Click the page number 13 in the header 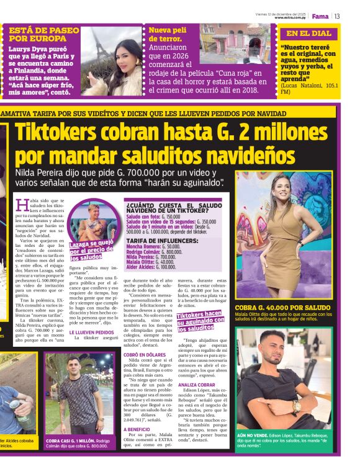click(x=337, y=16)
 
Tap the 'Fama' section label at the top click(x=320, y=16)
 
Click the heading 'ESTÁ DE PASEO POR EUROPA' click(x=43, y=34)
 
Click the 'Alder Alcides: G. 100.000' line click(x=151, y=267)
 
